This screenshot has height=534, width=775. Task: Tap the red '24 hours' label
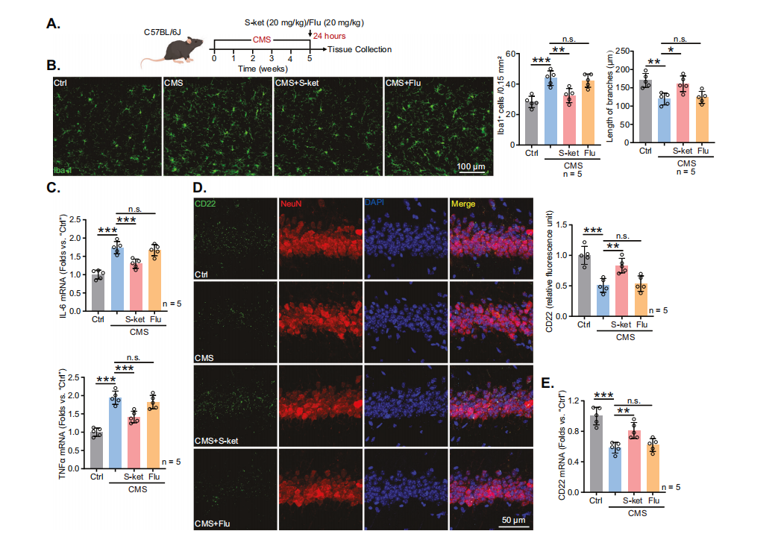[329, 36]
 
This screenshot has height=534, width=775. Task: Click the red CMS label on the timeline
[262, 39]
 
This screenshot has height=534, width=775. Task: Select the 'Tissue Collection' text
[360, 49]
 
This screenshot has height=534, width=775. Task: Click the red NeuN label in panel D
[291, 204]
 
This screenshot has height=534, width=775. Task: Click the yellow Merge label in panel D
[461, 204]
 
